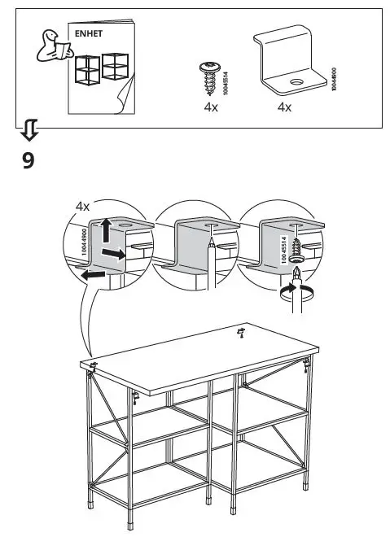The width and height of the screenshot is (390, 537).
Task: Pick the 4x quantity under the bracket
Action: click(x=284, y=107)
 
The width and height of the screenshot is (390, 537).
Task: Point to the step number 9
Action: click(x=28, y=160)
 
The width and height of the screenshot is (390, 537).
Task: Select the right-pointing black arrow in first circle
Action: click(x=116, y=254)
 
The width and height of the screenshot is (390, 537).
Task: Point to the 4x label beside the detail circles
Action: click(x=82, y=207)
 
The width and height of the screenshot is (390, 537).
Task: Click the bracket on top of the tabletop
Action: click(x=241, y=330)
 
